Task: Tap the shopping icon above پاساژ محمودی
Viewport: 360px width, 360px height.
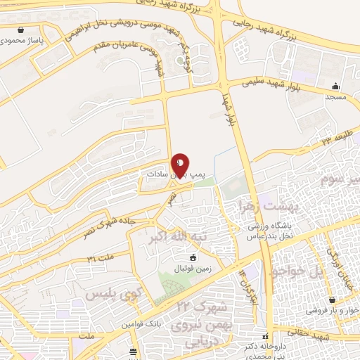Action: point(25,30)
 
